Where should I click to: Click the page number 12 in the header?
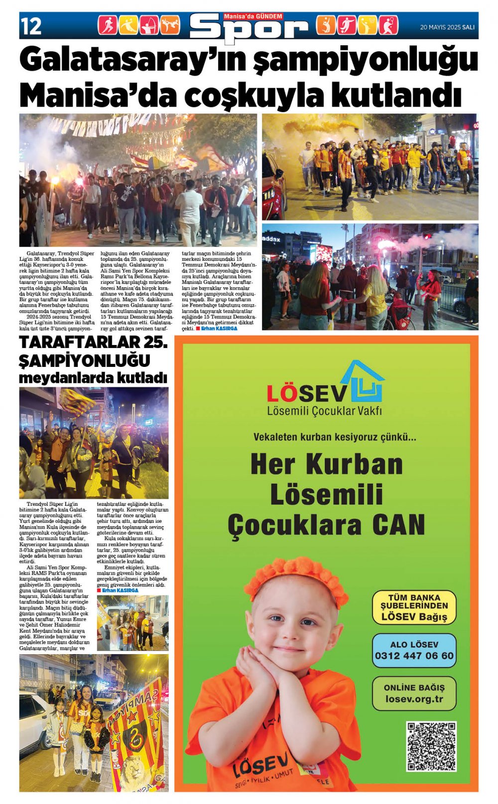[x=31, y=26]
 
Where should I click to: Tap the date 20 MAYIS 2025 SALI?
[x=447, y=27]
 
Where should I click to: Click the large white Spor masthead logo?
[x=249, y=29]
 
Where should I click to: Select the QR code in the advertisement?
[x=431, y=746]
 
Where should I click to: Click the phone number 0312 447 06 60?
[x=414, y=656]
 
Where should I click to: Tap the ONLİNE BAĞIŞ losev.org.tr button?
[x=414, y=693]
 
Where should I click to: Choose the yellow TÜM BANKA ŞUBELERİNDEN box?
[x=414, y=607]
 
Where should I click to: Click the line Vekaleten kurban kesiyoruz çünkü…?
[x=334, y=437]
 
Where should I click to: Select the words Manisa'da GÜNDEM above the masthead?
[x=253, y=16]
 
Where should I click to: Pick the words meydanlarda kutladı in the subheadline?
[x=93, y=378]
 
